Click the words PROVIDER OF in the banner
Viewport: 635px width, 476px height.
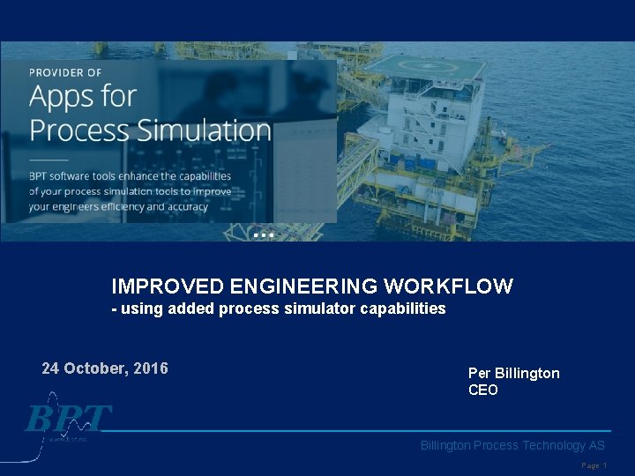pyautogui.click(x=65, y=72)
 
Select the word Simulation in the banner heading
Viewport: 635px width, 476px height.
pyautogui.click(x=205, y=130)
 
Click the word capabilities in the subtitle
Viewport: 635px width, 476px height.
pyautogui.click(x=400, y=309)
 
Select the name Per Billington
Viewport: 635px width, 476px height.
pyautogui.click(x=513, y=373)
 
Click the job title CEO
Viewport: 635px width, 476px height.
pyautogui.click(x=482, y=390)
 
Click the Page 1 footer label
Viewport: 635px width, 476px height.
pyautogui.click(x=594, y=465)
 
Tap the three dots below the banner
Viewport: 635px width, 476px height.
pyautogui.click(x=263, y=235)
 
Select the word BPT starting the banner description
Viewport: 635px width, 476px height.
pyautogui.click(x=41, y=176)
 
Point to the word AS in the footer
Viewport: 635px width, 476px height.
pyautogui.click(x=596, y=445)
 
